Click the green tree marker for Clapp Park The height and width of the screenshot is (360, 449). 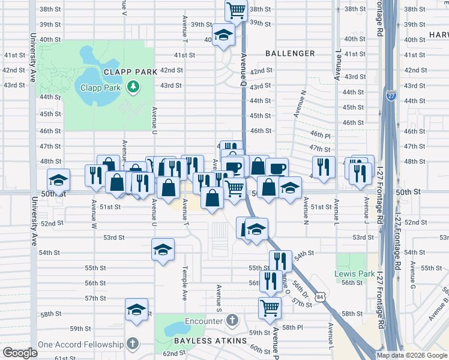pyautogui.click(x=133, y=88)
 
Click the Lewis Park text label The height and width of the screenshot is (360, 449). pyautogui.click(x=351, y=274)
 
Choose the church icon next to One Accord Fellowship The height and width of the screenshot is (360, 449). pyautogui.click(x=133, y=344)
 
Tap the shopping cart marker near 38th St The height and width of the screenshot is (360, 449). pyautogui.click(x=236, y=10)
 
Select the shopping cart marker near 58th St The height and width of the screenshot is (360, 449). pyautogui.click(x=270, y=308)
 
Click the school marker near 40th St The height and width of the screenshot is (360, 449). pyautogui.click(x=223, y=34)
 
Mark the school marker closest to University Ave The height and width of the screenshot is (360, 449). pyautogui.click(x=58, y=179)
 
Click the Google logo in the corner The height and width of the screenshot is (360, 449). pyautogui.click(x=20, y=353)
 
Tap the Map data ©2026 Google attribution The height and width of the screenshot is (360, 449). pyautogui.click(x=411, y=355)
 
